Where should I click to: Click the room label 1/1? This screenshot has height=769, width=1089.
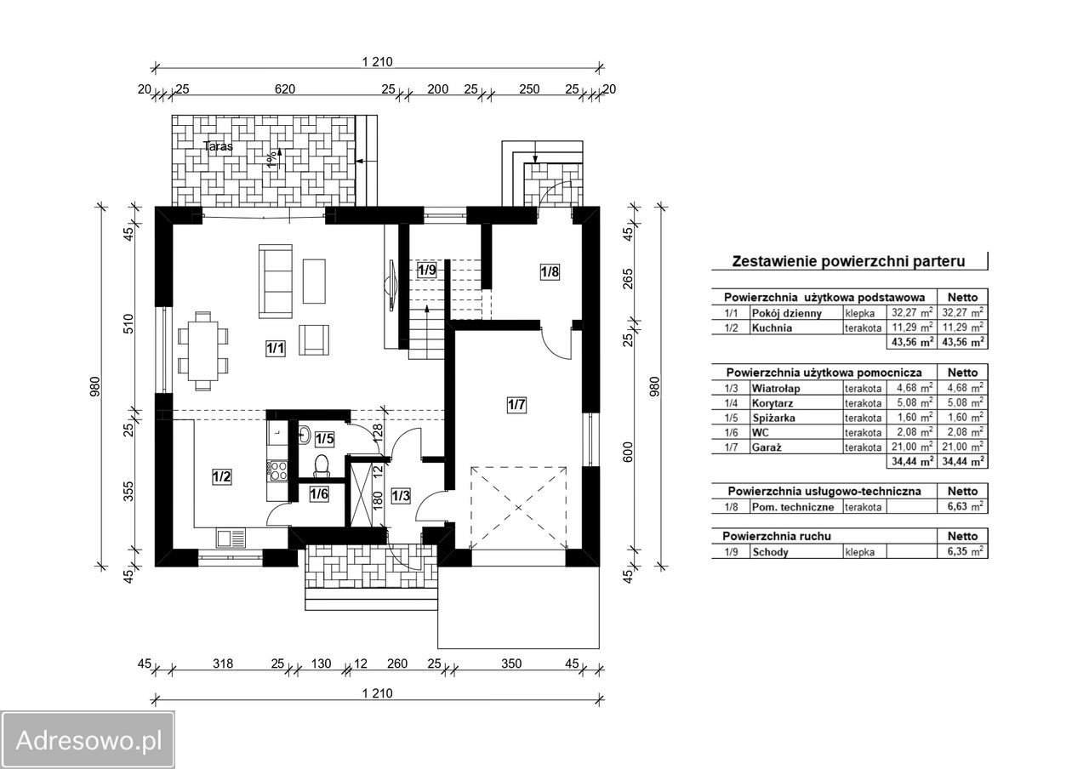(275, 348)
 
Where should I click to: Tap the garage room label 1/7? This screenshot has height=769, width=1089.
(516, 404)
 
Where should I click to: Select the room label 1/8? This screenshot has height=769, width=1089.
(550, 271)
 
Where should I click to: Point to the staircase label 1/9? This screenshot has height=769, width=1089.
(427, 270)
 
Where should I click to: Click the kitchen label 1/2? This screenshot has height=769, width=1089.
(222, 476)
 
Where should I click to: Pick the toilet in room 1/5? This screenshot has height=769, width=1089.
(322, 464)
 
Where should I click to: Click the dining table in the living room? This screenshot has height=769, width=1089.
(203, 350)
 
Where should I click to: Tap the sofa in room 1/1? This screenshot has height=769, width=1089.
(276, 282)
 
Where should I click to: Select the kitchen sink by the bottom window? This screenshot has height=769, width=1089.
(231, 538)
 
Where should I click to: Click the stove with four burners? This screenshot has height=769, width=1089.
(277, 470)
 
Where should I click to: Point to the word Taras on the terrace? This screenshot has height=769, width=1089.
(219, 145)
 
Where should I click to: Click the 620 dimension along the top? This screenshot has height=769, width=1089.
(284, 89)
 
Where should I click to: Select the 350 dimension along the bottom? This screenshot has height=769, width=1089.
(511, 664)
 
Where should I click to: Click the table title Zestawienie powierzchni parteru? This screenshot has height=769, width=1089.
(848, 261)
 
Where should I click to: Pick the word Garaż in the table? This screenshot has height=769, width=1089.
(767, 447)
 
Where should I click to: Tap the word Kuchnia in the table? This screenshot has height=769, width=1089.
(772, 328)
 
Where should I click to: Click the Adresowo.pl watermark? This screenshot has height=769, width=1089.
(88, 740)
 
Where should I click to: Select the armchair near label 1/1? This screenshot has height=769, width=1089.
(314, 339)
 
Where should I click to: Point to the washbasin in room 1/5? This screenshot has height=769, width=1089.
(305, 435)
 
